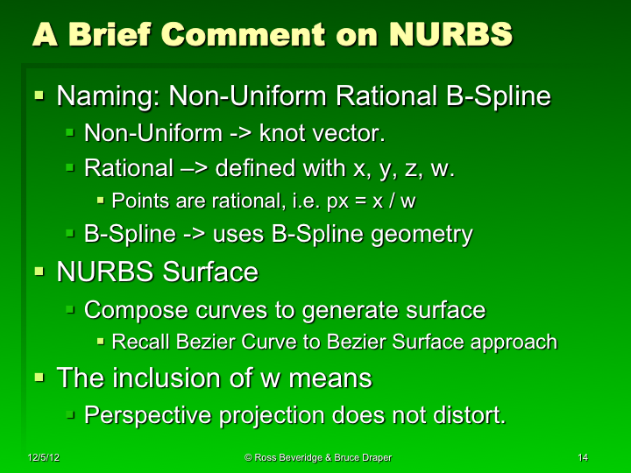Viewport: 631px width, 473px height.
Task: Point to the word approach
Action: point(519,342)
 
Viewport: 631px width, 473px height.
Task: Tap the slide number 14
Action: point(584,458)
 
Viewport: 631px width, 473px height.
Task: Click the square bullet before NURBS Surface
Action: point(39,272)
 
